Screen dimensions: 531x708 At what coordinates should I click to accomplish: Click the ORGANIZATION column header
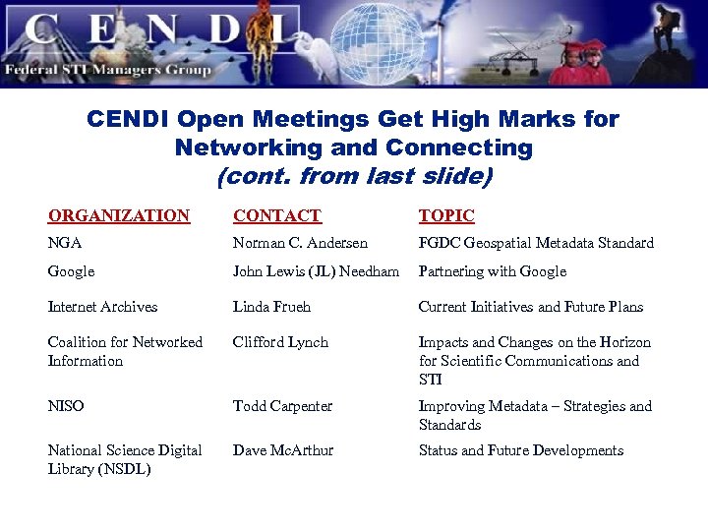click(x=119, y=215)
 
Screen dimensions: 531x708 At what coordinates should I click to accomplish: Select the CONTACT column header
click(x=276, y=215)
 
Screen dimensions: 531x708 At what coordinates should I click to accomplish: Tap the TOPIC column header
click(x=446, y=215)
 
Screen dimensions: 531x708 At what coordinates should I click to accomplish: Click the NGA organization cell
click(x=65, y=243)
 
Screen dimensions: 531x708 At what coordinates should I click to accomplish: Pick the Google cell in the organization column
click(x=71, y=271)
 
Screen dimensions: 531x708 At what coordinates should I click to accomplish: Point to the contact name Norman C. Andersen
click(x=300, y=243)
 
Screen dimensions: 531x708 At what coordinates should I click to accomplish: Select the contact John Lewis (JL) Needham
click(x=316, y=271)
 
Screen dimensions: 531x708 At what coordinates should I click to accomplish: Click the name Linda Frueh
click(x=271, y=307)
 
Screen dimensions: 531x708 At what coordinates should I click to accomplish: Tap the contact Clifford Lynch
click(x=280, y=342)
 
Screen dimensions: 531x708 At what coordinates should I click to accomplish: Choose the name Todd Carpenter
click(x=282, y=406)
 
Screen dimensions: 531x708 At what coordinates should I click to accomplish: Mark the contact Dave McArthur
click(x=283, y=450)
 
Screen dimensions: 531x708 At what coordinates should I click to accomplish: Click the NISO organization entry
click(x=66, y=406)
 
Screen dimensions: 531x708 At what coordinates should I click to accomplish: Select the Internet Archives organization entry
click(x=102, y=307)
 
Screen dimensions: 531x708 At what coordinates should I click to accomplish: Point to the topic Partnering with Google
click(x=493, y=271)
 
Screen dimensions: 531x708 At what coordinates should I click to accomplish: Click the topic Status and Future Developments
click(x=521, y=450)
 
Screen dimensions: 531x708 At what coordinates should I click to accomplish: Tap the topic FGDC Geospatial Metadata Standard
click(x=536, y=243)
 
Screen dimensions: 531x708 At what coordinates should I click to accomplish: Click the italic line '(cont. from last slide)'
click(x=353, y=178)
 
